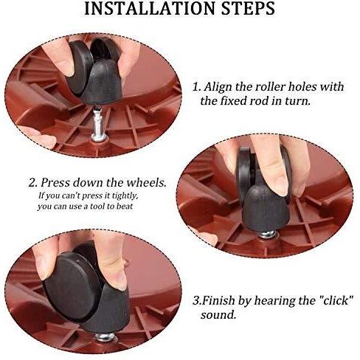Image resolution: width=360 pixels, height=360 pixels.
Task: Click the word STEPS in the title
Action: coord(248,9)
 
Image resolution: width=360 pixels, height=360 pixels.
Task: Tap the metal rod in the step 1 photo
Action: coord(98,124)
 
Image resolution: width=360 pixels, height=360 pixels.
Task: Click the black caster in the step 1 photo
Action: coord(94,72)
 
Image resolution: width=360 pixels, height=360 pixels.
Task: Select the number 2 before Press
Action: coord(33,183)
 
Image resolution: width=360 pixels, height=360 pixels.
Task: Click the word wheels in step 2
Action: coord(145,183)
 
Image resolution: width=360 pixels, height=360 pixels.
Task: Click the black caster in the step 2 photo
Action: coord(264,190)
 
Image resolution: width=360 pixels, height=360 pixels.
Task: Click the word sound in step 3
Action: coord(218,315)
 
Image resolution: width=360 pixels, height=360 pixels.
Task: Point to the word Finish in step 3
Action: coord(219,300)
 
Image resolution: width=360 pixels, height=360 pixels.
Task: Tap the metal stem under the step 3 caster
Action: coord(105,337)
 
